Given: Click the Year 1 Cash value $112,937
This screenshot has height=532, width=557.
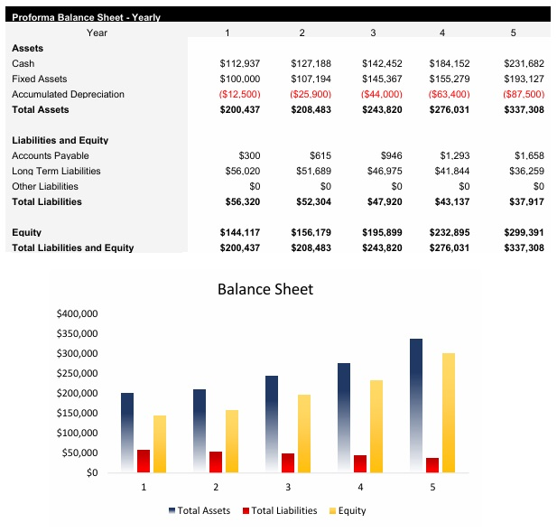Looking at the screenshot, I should [239, 63].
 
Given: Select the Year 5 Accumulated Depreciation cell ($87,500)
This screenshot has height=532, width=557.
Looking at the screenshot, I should [524, 94].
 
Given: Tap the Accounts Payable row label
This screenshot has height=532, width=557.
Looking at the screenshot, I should [51, 155].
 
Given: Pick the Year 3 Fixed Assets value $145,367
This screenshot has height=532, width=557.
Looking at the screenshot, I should [382, 79].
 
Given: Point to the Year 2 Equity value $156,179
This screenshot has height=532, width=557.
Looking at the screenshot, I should [311, 232].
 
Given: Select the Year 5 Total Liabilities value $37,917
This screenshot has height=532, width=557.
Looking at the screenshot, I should [524, 201].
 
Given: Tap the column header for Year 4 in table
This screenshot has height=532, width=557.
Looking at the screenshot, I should [441, 33].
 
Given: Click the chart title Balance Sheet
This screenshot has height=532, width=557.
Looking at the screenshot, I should [265, 289].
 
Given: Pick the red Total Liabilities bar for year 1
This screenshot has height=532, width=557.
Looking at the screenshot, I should [144, 461].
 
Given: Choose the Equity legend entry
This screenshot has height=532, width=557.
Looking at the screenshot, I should [347, 510].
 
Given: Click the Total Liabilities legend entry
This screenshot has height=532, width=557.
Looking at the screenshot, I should [279, 510].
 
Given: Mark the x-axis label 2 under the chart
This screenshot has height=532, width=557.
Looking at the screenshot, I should [216, 487].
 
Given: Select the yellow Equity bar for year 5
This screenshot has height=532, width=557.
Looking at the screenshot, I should [449, 412].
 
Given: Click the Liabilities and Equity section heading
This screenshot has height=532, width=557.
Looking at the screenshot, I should [60, 140].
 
